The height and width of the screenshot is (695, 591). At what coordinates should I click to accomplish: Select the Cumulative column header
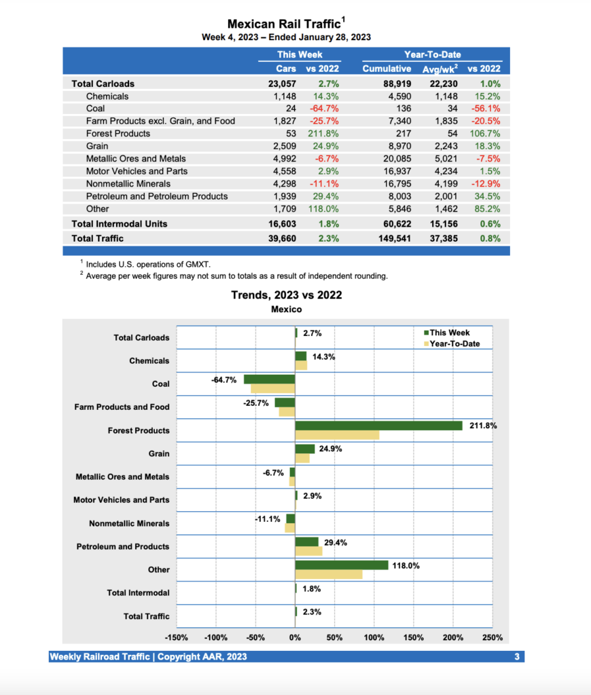pyautogui.click(x=387, y=69)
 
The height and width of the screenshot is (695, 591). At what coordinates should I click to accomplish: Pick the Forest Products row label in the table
pyautogui.click(x=118, y=134)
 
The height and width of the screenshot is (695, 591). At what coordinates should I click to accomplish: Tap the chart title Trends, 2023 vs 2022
pyautogui.click(x=286, y=295)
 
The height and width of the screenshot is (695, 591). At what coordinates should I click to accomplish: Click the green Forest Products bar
pyautogui.click(x=378, y=426)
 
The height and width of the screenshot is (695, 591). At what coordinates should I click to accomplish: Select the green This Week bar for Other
pyautogui.click(x=342, y=565)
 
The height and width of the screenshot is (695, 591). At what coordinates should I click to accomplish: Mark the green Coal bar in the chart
pyautogui.click(x=270, y=379)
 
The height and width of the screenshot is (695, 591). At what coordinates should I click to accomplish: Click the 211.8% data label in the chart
pyautogui.click(x=483, y=426)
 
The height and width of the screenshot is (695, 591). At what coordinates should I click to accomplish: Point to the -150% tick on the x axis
pyautogui.click(x=177, y=638)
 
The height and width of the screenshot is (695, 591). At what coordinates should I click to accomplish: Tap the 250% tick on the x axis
pyautogui.click(x=492, y=638)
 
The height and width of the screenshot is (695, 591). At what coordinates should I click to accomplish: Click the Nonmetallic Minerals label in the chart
pyautogui.click(x=129, y=524)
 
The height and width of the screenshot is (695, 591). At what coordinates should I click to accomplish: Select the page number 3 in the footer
pyautogui.click(x=516, y=657)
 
